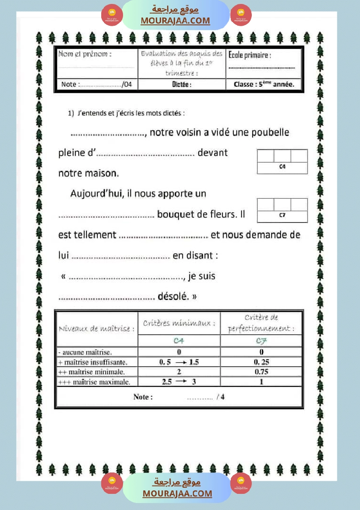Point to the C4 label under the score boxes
[x=282, y=166]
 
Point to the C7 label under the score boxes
[x=282, y=215]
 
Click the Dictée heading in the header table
[x=182, y=85]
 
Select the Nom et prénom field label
[x=85, y=55]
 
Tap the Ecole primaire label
[x=250, y=55]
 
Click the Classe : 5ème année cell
[x=264, y=84]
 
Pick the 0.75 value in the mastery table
[x=261, y=372]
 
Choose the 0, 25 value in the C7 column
[x=261, y=362]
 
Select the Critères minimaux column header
[x=179, y=323]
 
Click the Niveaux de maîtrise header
[x=96, y=329]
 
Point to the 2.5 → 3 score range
[x=179, y=382]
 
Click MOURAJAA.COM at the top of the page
[x=175, y=21]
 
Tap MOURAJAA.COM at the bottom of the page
[x=177, y=493]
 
